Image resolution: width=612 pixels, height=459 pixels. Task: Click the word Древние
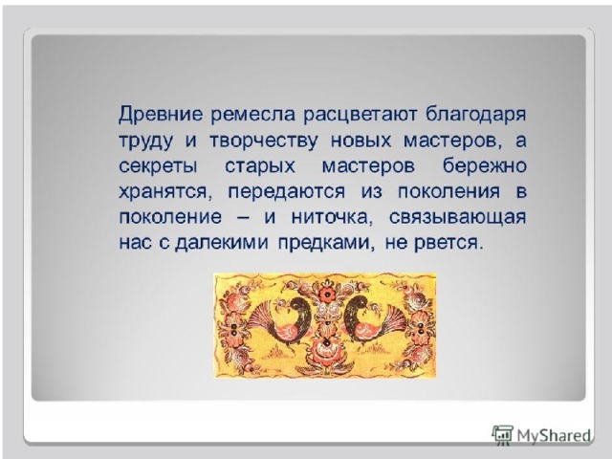(161, 115)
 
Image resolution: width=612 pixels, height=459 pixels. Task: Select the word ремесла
(252, 115)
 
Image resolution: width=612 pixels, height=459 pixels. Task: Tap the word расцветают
(361, 116)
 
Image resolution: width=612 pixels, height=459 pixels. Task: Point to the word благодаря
(475, 115)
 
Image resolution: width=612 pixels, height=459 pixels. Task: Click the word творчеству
(264, 141)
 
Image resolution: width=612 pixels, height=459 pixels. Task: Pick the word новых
(361, 141)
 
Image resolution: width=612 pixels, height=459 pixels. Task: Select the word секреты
(158, 166)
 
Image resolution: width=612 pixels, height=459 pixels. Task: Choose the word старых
(259, 167)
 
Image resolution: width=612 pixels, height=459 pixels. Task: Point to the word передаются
(287, 192)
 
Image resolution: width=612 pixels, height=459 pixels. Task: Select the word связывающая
(457, 218)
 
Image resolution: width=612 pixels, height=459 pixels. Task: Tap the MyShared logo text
(554, 435)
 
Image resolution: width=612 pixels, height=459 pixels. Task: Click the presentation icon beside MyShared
(502, 434)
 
